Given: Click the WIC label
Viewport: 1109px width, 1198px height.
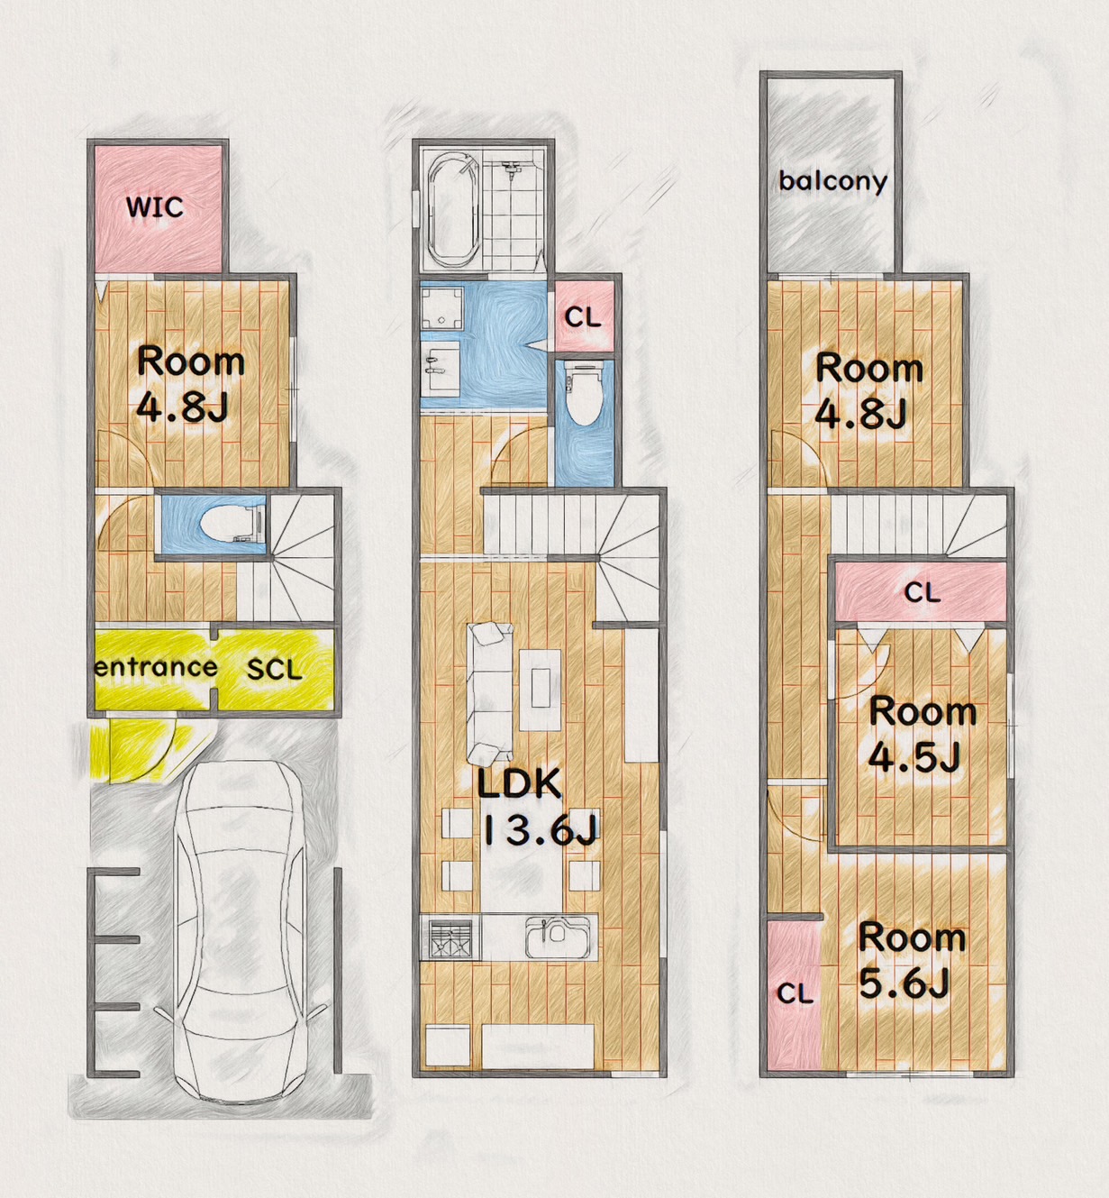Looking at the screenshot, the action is [154, 207].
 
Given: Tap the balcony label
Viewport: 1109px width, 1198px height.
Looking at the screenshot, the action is [832, 180].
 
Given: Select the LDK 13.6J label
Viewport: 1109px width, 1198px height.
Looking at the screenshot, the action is [537, 808].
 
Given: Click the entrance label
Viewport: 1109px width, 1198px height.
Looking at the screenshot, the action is [156, 667].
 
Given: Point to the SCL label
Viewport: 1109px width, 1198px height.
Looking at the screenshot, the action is [275, 670].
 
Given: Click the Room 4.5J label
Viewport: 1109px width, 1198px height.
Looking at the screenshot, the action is [922, 734].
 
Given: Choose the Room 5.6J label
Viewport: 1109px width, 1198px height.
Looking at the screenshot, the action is [911, 960].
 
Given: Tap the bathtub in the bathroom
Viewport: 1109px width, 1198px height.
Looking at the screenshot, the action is [453, 209].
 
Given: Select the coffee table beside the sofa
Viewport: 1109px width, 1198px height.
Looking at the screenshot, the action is [541, 690].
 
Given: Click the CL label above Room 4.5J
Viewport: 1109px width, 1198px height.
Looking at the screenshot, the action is [922, 592].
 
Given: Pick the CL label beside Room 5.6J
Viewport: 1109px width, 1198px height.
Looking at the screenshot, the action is [795, 992].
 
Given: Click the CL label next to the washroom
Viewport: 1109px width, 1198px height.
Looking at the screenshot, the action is [583, 317].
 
